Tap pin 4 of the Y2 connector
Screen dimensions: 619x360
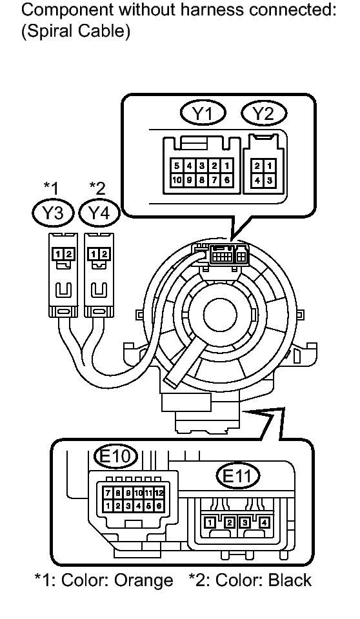pos(258,179)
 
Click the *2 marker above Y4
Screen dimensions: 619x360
pos(97,188)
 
